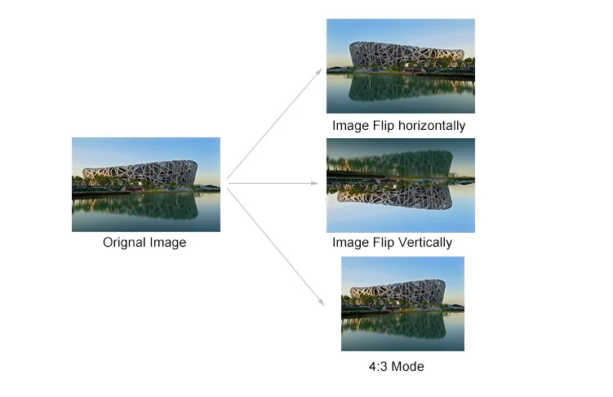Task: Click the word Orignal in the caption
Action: pyautogui.click(x=123, y=243)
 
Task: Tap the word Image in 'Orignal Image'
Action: pyautogui.click(x=167, y=243)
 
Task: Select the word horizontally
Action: pyautogui.click(x=429, y=126)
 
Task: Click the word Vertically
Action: pyautogui.click(x=423, y=243)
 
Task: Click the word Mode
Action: pyautogui.click(x=408, y=366)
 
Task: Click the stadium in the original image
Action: pyautogui.click(x=140, y=173)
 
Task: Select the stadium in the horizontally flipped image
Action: pyautogui.click(x=406, y=56)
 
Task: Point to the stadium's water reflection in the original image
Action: pyautogui.click(x=140, y=206)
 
